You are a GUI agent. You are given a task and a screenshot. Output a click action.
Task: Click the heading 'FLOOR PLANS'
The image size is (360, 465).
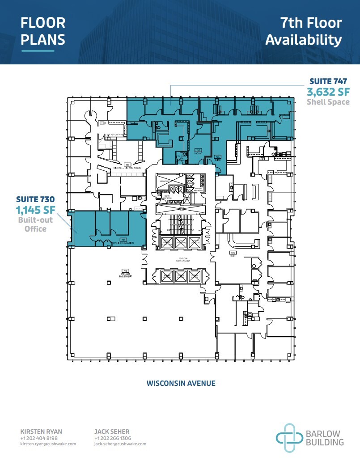pos(43,31)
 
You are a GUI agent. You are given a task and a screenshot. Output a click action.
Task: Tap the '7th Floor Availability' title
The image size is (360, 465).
pos(304,31)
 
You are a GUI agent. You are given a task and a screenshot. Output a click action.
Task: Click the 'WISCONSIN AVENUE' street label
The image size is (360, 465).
pos(181,383)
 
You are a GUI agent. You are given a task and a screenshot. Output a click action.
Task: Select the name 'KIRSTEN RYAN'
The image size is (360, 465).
pos(41,431)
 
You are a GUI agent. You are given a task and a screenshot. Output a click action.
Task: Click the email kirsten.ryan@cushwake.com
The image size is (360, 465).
pos(48,444)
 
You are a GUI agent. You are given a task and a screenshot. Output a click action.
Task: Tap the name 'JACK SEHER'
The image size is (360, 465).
pos(112,431)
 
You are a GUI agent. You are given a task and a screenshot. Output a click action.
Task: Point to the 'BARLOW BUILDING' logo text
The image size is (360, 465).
pos(325,438)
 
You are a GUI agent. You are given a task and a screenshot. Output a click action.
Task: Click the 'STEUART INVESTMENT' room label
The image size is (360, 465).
pos(125,274)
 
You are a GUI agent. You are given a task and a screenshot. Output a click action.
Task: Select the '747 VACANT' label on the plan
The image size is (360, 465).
pos(198,152)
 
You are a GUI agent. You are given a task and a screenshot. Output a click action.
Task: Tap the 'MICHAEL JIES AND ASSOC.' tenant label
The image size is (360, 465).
pos(127,167)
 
